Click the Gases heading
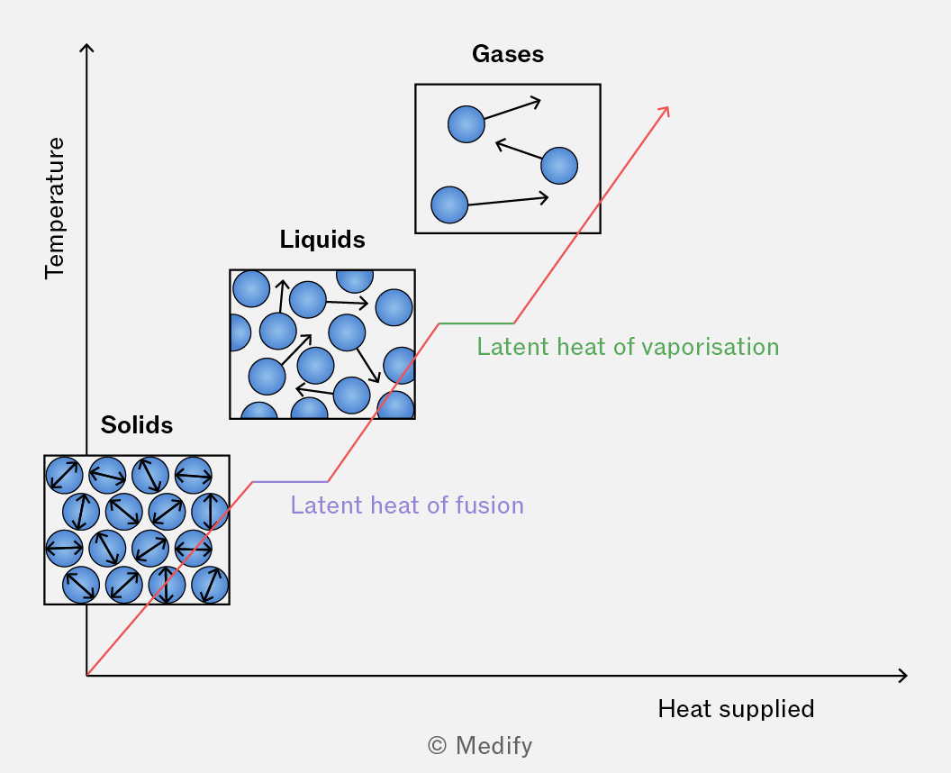pos(508,54)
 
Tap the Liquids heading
pos(322,240)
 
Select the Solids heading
pos(137,424)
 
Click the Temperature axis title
pos(55,208)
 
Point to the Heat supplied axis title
pos(736,709)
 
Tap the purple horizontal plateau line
pos(290,482)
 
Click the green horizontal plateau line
pos(476,323)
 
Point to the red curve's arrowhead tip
pos(668,107)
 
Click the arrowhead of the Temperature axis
pos(86,45)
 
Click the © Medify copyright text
pos(480,746)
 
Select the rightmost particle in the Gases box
pos(559,166)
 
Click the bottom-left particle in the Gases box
pos(449,205)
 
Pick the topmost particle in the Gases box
pos(466,124)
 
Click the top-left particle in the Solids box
pos(64,475)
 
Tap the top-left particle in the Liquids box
pos(251,289)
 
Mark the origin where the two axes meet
pos(86,676)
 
